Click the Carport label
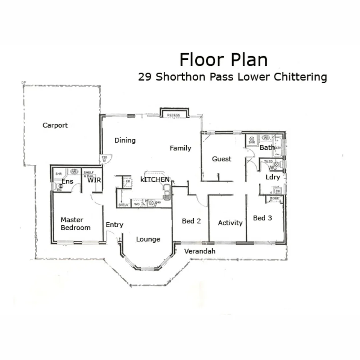coord(55,125)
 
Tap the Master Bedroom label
coord(75,224)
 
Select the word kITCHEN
coord(155,180)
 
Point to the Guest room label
coord(222,159)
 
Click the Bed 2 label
coord(191,221)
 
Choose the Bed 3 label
coord(262,218)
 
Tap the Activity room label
coord(230,223)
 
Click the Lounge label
coord(148,239)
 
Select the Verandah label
coord(200,251)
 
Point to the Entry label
coord(114,225)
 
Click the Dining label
coord(125,140)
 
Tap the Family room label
coord(180,148)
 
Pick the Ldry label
coord(273,177)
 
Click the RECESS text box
coord(174,115)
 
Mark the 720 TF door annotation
coord(104,159)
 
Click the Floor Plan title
coord(223,60)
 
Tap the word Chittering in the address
coord(300,77)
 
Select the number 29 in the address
coord(145,77)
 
